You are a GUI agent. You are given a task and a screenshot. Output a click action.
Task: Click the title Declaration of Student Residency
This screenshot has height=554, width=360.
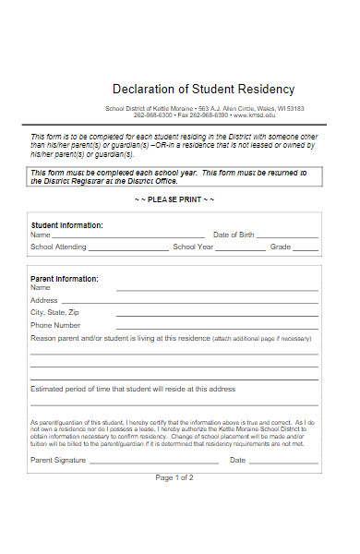tap(203, 90)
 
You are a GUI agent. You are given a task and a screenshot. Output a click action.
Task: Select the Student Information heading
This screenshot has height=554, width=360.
tap(67, 225)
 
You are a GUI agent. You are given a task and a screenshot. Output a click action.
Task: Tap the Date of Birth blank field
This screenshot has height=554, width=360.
tap(288, 237)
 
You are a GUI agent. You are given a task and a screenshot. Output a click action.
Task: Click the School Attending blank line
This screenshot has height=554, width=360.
tap(129, 249)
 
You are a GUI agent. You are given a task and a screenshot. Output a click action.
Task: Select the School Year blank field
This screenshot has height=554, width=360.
tap(242, 249)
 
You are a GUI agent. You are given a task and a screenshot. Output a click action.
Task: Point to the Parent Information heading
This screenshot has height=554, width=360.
tap(65, 278)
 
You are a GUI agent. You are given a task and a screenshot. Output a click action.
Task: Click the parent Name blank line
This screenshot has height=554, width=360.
tap(217, 290)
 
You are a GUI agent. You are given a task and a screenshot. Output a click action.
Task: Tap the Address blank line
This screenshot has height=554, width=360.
tap(217, 302)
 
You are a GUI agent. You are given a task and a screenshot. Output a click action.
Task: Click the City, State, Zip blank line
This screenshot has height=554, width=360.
tap(217, 314)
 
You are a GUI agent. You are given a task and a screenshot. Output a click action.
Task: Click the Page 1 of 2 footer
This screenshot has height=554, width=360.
tap(174, 452)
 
